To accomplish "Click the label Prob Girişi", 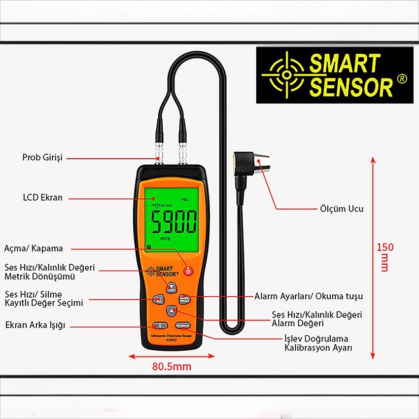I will click(42, 158).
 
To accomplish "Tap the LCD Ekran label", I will click(43, 198).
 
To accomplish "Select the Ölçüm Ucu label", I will click(342, 209).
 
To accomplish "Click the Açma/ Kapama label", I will click(34, 248).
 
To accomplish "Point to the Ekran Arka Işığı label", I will click(35, 325).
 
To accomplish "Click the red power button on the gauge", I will click(188, 271).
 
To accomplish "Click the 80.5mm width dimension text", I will click(172, 367).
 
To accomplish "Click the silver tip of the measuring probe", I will click(264, 161).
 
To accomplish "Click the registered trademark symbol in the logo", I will click(402, 79).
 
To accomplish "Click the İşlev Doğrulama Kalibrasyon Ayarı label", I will click(316, 343).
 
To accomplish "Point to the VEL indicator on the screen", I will click(185, 200).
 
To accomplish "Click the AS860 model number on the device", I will click(171, 340).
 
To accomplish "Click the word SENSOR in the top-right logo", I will click(350, 87).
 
